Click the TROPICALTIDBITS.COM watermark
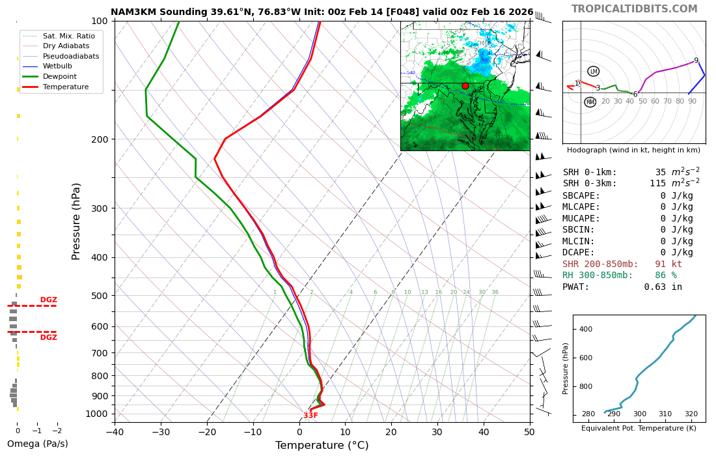point(634,9)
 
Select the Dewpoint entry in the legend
point(60,76)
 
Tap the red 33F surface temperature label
point(310,416)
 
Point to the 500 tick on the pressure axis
point(99,296)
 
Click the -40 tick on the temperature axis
point(115,431)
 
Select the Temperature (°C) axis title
point(322,446)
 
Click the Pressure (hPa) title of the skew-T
point(77,221)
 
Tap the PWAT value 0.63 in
point(663,287)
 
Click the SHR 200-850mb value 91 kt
point(668,264)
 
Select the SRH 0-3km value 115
point(661,184)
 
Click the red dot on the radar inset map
point(465,86)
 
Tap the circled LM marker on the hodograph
point(593,72)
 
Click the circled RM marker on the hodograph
point(590,102)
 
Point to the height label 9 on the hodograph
point(696,61)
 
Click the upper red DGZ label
point(48,300)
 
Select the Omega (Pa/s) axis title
point(37,444)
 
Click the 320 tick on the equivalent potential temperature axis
point(691,414)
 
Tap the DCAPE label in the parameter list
point(579,253)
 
